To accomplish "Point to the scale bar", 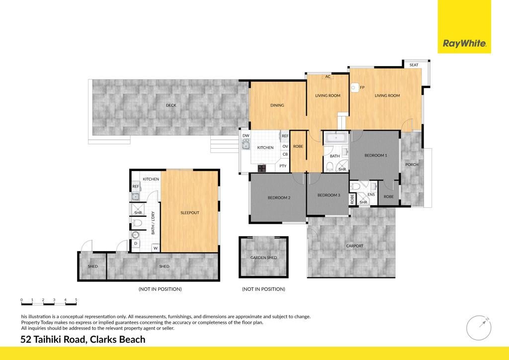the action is coord(49,302).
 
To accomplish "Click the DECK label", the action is coord(171,105).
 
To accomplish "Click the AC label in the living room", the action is coord(328,77).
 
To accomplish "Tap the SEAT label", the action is coord(414,65).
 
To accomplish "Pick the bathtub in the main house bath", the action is coord(336,138).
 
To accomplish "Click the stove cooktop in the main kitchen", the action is coord(262,168).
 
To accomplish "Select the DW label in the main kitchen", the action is coord(246,136).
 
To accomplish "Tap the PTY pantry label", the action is coord(283,166).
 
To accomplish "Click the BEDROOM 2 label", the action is coord(279,198).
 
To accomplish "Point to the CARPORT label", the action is coord(354,246).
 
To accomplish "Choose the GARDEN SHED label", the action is coord(263,258).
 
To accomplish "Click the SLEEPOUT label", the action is coord(190,213).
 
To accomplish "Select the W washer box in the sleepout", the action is coord(156,248).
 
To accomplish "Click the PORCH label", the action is coord(412,165).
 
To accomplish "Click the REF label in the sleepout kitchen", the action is coord(136,186).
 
